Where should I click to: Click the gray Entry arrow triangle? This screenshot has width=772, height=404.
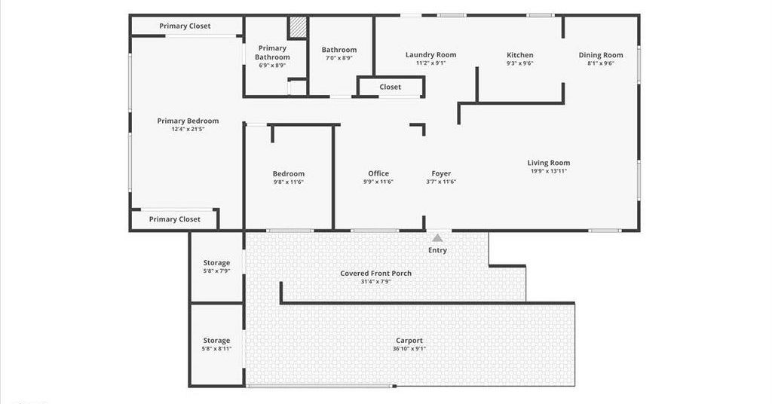coord(437,238)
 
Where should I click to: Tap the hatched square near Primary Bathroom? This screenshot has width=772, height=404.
coord(297,27)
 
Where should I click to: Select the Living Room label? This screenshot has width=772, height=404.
coord(549,163)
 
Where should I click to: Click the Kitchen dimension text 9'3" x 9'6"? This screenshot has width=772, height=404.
coord(520,63)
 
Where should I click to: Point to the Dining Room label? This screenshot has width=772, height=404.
coord(601,55)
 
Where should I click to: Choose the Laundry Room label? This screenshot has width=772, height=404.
coord(430,54)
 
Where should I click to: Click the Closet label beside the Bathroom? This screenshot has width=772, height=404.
coord(390,87)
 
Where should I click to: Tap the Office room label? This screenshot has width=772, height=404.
coord(378,173)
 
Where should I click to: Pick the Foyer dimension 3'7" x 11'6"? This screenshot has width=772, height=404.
coord(441,182)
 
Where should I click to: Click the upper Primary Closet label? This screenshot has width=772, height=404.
coord(185,26)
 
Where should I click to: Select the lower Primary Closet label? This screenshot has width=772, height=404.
coord(174,219)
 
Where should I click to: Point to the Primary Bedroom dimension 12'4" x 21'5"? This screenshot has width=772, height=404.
coord(188,129)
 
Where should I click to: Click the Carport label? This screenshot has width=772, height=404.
coord(409,341)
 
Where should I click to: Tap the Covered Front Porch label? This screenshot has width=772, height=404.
coord(375,273)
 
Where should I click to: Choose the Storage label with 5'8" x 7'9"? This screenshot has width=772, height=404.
coord(216,263)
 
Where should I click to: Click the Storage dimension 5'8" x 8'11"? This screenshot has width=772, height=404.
coord(216,349)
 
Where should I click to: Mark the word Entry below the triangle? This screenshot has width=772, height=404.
coord(437,250)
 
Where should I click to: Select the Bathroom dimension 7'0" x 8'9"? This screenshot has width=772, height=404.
coord(339,58)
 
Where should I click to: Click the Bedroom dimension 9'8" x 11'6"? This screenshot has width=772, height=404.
coord(289,182)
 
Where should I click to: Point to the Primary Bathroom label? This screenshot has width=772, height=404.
coord(272,53)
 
